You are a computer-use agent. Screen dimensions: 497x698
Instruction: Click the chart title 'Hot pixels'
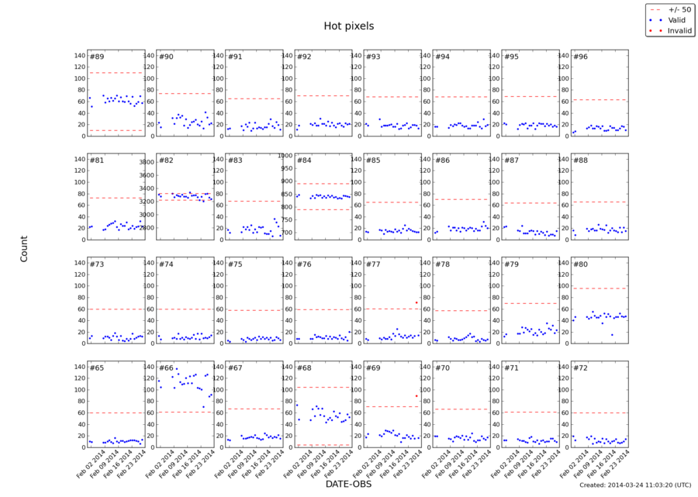click(x=349, y=26)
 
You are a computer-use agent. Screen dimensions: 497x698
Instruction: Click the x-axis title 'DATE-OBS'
click(x=349, y=484)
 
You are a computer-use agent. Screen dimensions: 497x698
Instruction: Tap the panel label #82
click(x=166, y=160)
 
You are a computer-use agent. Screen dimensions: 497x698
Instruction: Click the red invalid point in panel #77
click(x=416, y=302)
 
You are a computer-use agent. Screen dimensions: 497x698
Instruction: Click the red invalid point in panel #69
click(x=416, y=395)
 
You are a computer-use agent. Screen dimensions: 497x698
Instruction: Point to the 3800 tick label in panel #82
click(x=147, y=162)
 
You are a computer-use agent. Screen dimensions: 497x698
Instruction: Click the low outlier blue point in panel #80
click(x=612, y=335)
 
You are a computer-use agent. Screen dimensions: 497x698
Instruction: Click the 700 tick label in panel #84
click(x=285, y=233)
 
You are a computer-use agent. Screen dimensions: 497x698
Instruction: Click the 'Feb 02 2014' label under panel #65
click(x=83, y=463)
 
